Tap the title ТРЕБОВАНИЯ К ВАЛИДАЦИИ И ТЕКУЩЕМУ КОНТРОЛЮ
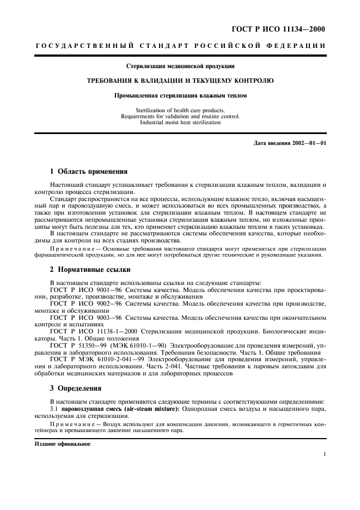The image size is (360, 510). (180, 81)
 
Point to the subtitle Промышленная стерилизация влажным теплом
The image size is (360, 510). (180, 95)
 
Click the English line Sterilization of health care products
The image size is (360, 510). (180, 111)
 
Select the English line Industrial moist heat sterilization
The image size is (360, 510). (180, 123)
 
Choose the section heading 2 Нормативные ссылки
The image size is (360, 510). (89, 270)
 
